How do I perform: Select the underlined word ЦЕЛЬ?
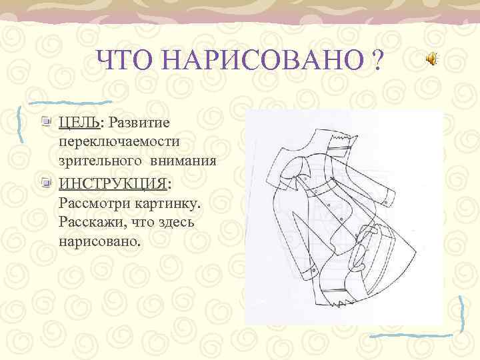(79, 123)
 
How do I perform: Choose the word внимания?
(183, 161)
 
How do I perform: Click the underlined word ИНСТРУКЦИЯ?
(113, 182)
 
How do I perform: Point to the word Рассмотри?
(93, 201)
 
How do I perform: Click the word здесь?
(173, 221)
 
